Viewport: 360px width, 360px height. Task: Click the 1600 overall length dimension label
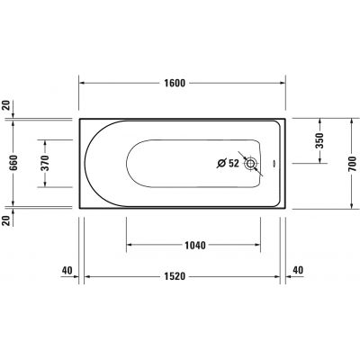pyautogui.click(x=175, y=84)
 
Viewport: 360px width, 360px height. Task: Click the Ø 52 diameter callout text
pyautogui.click(x=227, y=164)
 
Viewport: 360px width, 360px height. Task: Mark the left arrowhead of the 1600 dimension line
pyautogui.click(x=83, y=84)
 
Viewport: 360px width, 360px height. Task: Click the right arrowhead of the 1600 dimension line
pyautogui.click(x=284, y=84)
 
